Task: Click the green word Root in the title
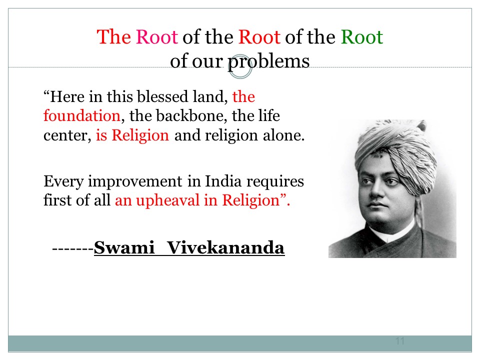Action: [362, 37]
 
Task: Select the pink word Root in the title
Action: [156, 37]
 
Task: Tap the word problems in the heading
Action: [269, 61]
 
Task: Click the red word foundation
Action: [81, 115]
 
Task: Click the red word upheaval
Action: [168, 201]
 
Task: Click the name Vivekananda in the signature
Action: [226, 247]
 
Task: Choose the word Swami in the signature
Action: [124, 247]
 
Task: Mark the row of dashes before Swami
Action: [73, 249]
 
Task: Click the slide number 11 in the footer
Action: [400, 341]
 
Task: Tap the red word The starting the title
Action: [114, 37]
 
